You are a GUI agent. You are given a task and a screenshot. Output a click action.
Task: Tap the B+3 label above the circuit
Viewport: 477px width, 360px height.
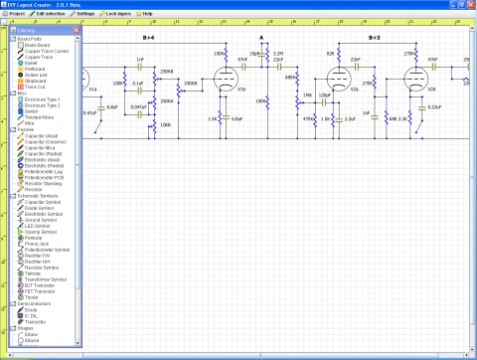(x=374, y=38)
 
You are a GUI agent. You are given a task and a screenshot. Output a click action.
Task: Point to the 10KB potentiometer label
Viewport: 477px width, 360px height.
(x=164, y=125)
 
